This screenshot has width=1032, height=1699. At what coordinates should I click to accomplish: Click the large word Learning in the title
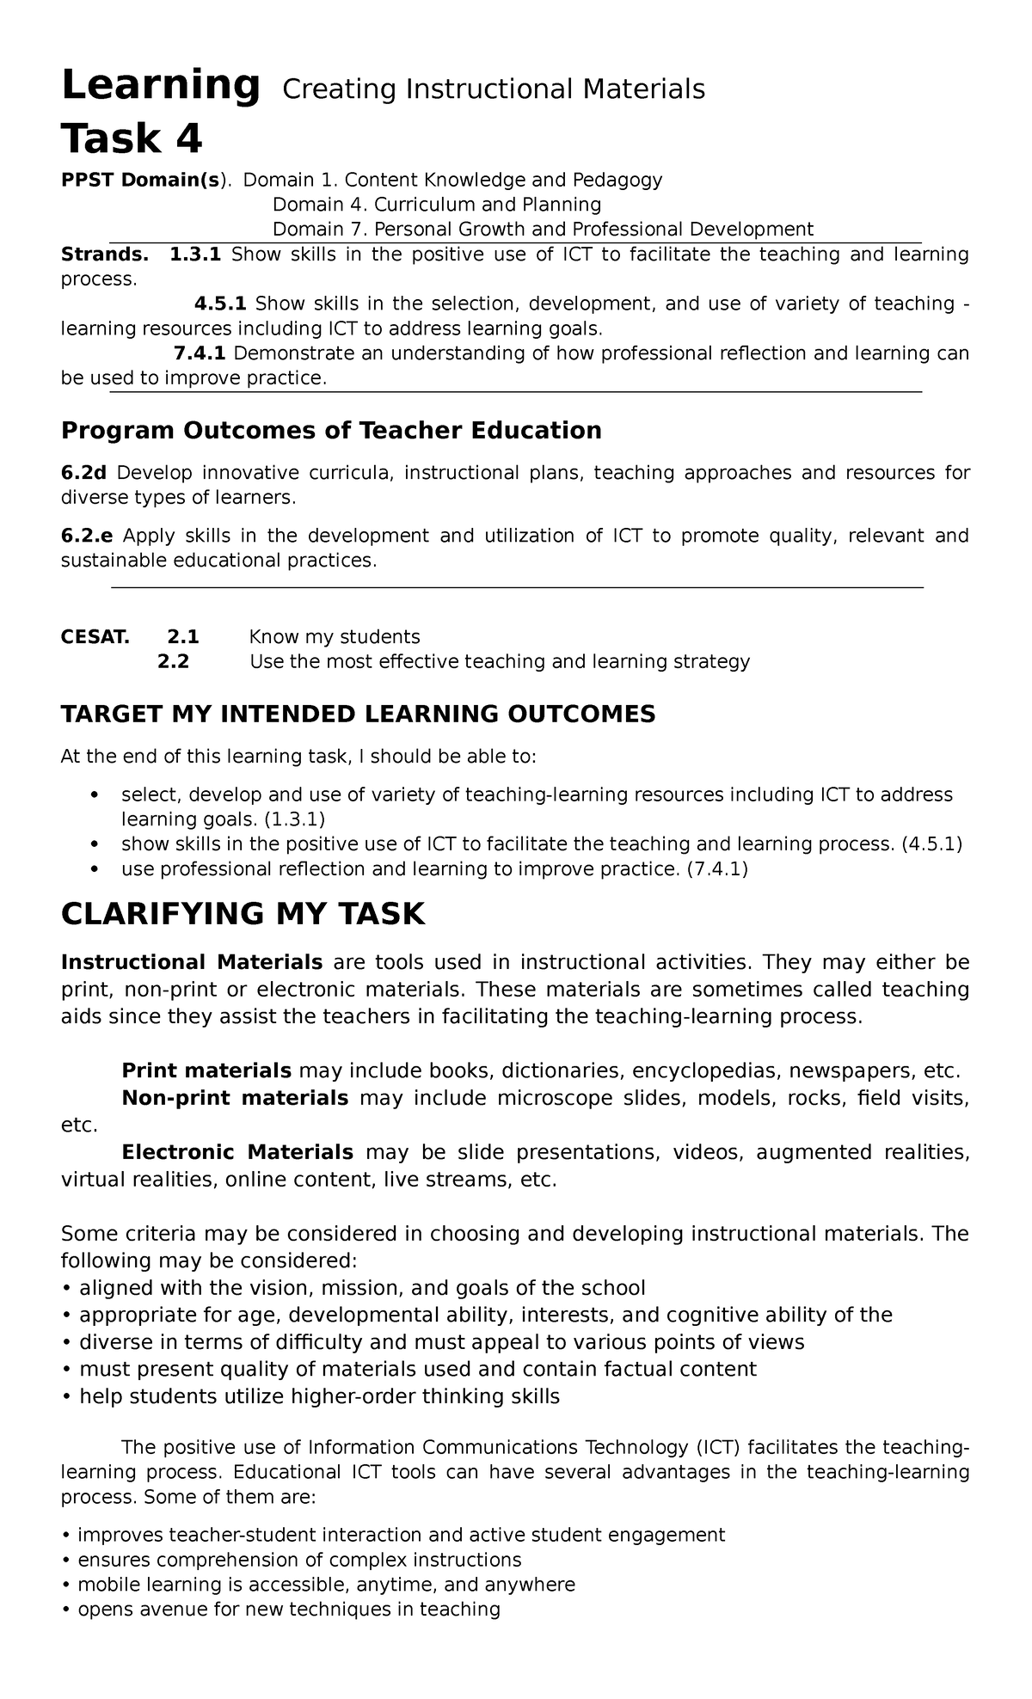click(160, 87)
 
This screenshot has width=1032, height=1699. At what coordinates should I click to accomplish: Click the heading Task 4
click(132, 138)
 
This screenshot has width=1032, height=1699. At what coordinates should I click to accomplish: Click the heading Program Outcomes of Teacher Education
click(331, 430)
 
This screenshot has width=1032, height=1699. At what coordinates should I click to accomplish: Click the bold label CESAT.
click(95, 637)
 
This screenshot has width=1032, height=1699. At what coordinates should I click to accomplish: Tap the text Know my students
click(334, 637)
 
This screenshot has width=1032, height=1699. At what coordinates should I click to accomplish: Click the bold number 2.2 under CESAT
click(175, 661)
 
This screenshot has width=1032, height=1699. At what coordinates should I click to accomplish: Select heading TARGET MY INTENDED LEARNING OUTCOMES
click(358, 714)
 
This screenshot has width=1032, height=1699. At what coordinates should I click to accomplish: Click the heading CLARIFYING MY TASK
click(243, 913)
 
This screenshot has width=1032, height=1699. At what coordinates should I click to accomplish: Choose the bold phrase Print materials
click(206, 1070)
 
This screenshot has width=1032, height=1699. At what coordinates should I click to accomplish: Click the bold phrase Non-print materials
click(235, 1098)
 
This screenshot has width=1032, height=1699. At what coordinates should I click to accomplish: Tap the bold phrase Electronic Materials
click(237, 1151)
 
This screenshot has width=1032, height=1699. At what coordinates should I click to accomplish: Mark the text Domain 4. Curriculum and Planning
click(436, 205)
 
